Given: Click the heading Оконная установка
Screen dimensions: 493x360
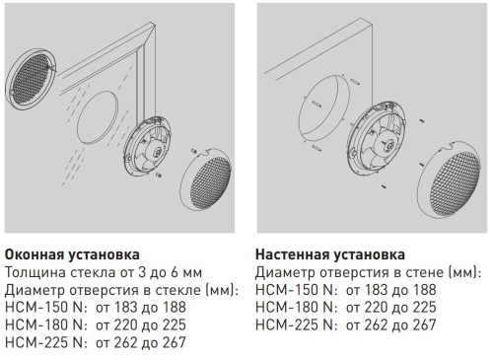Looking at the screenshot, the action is [72, 253].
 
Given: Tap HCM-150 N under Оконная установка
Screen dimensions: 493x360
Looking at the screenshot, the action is [43, 307].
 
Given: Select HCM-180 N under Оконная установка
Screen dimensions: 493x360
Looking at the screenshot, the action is [43, 324].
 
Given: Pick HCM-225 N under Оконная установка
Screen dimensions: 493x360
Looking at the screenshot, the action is [43, 342].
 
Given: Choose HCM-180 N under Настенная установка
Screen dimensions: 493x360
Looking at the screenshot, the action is [293, 307].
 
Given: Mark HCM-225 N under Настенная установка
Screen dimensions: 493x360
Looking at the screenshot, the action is [293, 324].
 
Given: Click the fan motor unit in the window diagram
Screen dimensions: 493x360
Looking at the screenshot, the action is [157, 149].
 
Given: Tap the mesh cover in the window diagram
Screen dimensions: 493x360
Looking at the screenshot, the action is [210, 190].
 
